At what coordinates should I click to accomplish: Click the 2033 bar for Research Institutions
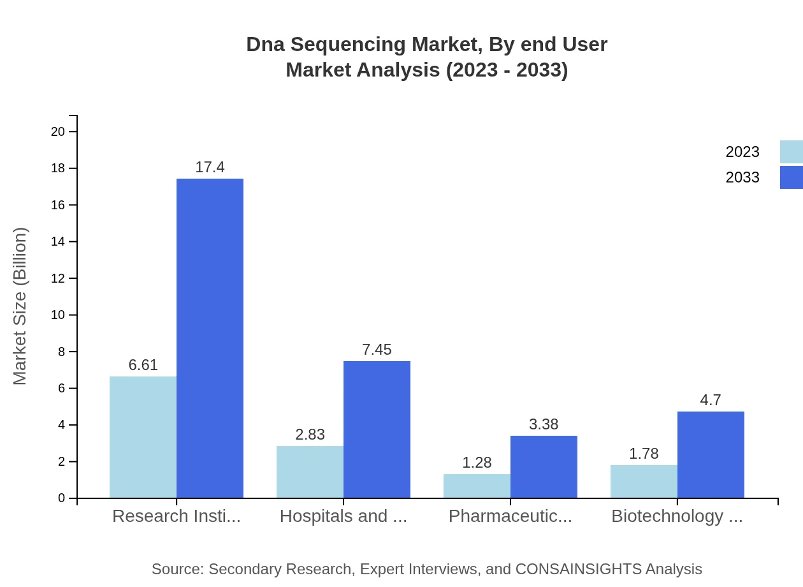click(210, 338)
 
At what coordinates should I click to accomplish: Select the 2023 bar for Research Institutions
click(143, 437)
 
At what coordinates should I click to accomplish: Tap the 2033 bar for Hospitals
click(377, 429)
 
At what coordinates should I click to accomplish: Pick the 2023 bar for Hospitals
click(310, 472)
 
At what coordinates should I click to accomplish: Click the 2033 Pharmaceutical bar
click(544, 466)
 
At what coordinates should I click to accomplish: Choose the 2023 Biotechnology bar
click(644, 482)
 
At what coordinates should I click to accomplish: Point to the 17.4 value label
click(210, 167)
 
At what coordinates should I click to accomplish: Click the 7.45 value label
click(377, 350)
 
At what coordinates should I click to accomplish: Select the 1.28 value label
click(477, 463)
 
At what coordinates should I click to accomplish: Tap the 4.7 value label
click(711, 400)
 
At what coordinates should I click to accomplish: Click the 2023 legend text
click(742, 152)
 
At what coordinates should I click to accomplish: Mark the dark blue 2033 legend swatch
click(791, 177)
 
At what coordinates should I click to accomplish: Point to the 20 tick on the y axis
click(58, 132)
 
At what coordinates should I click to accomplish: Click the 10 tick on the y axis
click(58, 315)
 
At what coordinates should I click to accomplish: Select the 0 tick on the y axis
click(62, 498)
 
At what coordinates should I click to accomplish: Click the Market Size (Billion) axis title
click(20, 306)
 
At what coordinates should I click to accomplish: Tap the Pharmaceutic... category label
click(510, 516)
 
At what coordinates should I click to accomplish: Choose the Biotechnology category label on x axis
click(677, 516)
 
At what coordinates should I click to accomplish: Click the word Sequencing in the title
click(345, 45)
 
